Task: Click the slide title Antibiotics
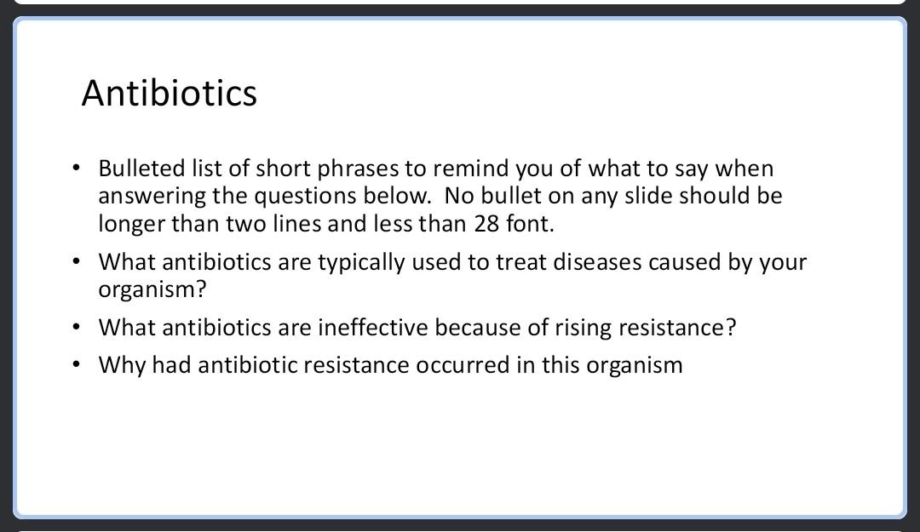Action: [x=169, y=93]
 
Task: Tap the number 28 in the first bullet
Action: [x=486, y=224]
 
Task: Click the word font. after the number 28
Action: [x=531, y=224]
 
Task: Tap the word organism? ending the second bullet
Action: [x=152, y=289]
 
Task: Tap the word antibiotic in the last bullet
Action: [x=247, y=365]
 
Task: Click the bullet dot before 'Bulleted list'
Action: [x=77, y=169]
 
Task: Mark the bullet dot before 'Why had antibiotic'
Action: [x=77, y=365]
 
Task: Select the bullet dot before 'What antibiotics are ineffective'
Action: [x=77, y=328]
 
